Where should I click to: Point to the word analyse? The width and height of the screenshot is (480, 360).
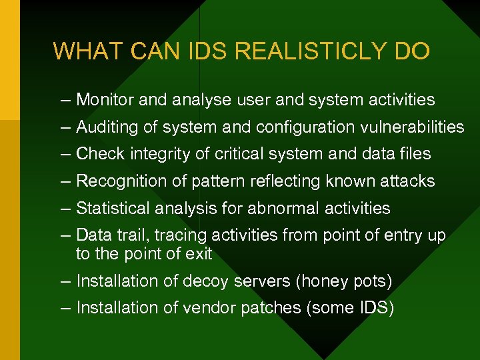(201, 100)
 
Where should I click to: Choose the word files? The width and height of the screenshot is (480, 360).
(415, 154)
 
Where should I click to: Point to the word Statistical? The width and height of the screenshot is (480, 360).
(113, 209)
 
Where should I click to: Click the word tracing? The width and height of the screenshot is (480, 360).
(184, 235)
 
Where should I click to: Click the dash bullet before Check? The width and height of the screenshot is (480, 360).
(64, 154)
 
